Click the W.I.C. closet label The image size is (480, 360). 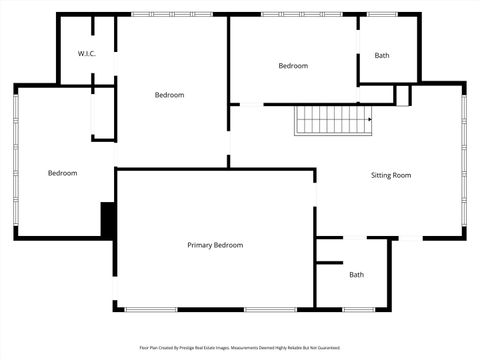pos(86,54)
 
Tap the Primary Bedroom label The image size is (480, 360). pos(215,245)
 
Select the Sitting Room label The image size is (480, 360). pos(391,175)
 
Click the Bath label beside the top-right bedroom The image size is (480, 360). pos(382,56)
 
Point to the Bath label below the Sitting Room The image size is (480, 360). pos(356,275)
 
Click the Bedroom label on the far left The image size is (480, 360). pos(62,173)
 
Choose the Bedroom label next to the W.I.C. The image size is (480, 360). pos(169,95)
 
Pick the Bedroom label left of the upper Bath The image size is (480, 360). pos(293,66)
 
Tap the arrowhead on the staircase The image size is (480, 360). pos(369,120)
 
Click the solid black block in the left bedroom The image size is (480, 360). pos(108,218)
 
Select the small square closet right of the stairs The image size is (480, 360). pos(402,95)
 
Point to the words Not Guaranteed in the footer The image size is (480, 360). pos(320,348)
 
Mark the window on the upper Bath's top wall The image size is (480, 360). pos(381,14)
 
